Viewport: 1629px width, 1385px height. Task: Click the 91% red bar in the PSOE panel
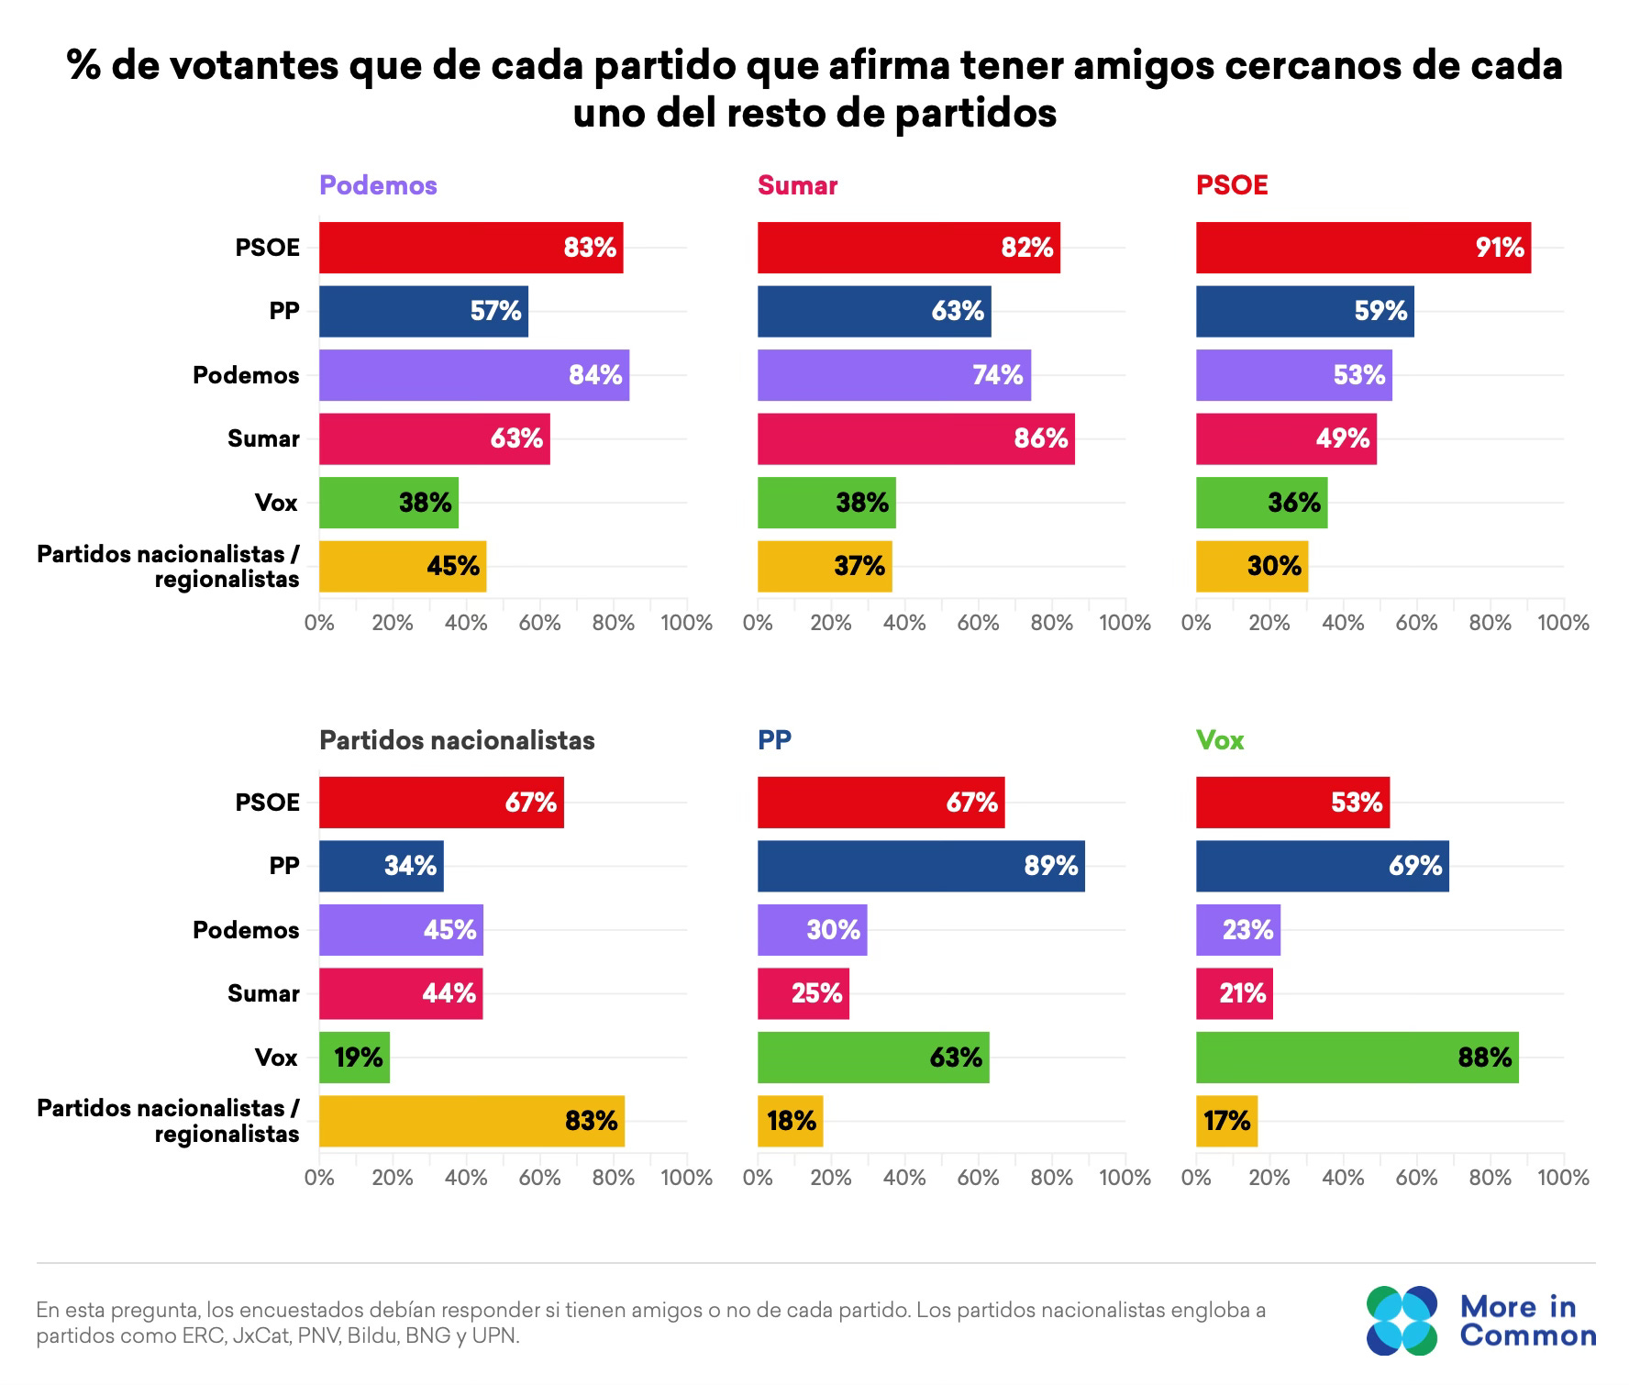click(1363, 248)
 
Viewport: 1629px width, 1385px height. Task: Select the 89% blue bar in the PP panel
click(921, 866)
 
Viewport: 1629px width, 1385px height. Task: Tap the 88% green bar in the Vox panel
click(1357, 1058)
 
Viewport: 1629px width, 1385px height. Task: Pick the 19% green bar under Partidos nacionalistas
click(354, 1058)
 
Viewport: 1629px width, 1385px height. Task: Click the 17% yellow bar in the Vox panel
click(1226, 1121)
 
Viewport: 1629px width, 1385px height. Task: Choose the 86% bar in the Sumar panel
click(915, 438)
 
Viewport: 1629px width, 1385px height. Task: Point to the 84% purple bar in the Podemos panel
click(473, 375)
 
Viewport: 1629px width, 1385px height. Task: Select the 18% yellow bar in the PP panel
click(790, 1121)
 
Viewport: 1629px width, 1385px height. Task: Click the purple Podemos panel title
click(378, 185)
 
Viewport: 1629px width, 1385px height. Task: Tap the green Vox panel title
click(1220, 740)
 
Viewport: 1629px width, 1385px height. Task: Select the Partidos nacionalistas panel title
click(457, 740)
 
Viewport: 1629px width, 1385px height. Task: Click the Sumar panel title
click(797, 185)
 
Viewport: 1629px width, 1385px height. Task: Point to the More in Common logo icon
click(1402, 1321)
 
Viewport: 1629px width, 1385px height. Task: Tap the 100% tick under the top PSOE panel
click(1563, 624)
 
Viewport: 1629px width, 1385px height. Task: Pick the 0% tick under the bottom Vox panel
click(1196, 1178)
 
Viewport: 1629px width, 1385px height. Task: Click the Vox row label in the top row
click(276, 503)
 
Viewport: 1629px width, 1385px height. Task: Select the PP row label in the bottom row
click(284, 866)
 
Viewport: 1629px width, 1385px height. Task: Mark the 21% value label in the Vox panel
click(1242, 993)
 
